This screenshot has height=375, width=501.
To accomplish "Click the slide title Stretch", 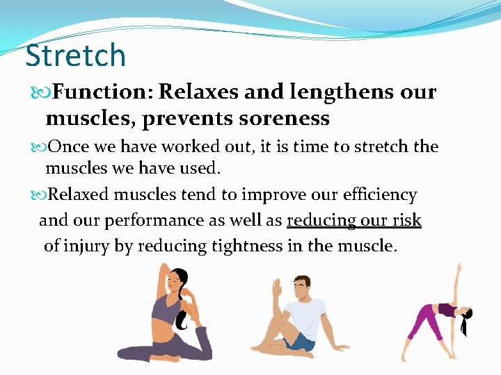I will [75, 56].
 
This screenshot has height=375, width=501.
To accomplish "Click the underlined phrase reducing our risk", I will [353, 221].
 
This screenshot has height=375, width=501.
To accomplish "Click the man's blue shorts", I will [301, 341].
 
